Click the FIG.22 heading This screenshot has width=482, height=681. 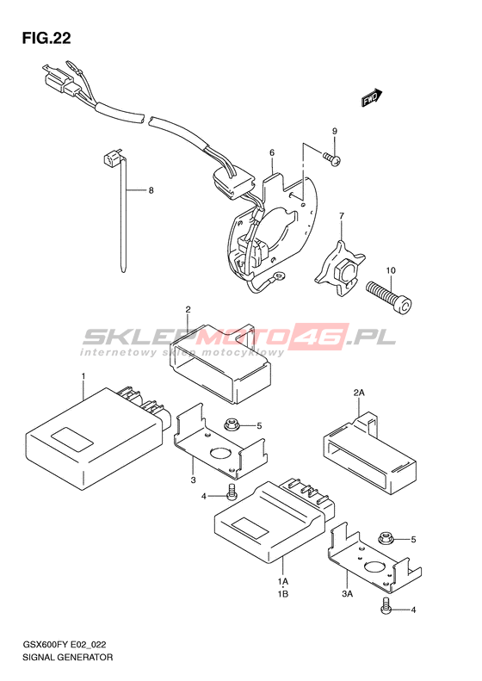[46, 39]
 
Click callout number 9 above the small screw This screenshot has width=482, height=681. [335, 131]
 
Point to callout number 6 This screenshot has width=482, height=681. [272, 152]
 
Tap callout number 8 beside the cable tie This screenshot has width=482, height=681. [151, 190]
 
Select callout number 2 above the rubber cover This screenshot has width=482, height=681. [188, 310]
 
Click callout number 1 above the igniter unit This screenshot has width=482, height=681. [83, 375]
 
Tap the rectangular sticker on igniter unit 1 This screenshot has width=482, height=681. [72, 439]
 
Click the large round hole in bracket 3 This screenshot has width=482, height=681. [220, 453]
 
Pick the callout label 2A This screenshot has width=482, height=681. [359, 393]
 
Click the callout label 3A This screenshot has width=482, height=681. [347, 594]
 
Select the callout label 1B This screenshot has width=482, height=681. [283, 594]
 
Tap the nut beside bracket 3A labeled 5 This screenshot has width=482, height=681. [385, 538]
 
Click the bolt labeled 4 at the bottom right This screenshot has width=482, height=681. [385, 605]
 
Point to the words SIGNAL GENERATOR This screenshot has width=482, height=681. [67, 657]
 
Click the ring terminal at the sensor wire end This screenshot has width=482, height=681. [280, 275]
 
